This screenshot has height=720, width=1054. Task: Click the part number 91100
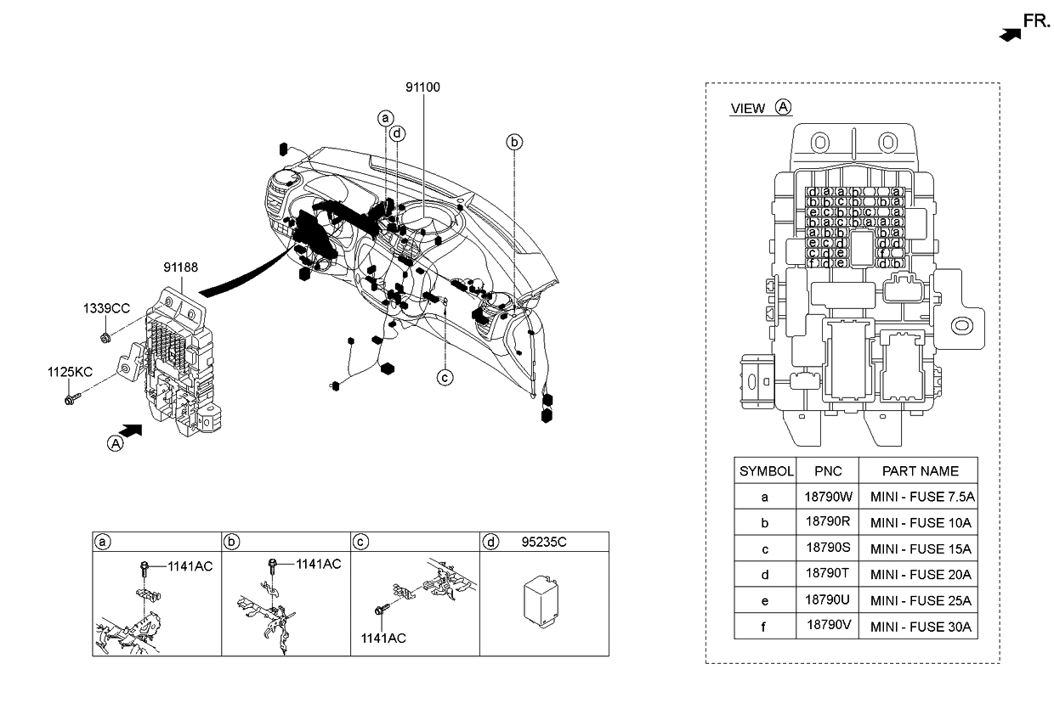point(422,87)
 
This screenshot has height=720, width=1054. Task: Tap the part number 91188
point(181,267)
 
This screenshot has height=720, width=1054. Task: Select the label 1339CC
point(106,308)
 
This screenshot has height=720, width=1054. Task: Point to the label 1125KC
point(71,372)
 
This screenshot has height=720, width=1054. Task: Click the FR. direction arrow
point(1009,34)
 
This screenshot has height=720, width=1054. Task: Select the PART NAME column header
point(920,471)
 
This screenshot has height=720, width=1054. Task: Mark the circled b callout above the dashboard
point(514,142)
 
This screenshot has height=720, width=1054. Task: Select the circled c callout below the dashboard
point(445,377)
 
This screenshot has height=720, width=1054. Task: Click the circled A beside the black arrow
point(115,442)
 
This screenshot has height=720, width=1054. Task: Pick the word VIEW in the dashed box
point(748,109)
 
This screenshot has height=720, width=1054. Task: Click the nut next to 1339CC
point(105,339)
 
